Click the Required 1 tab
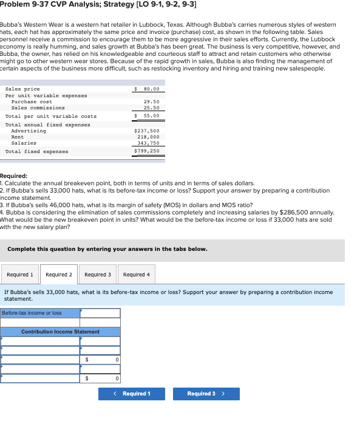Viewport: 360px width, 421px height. [x=20, y=275]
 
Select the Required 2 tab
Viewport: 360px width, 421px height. [x=59, y=275]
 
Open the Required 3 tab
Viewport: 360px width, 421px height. [x=98, y=275]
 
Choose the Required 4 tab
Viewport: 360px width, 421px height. [x=137, y=275]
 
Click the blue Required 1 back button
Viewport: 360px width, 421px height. [x=132, y=394]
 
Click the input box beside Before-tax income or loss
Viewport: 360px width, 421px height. [x=100, y=313]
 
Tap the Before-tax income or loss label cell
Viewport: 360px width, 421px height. [x=40, y=313]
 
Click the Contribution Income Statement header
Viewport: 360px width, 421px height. [x=61, y=332]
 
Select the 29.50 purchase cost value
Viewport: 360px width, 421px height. [x=151, y=101]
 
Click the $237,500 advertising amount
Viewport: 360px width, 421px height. [x=146, y=131]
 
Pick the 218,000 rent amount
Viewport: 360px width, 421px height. [x=148, y=137]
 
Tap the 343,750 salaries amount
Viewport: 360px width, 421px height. [x=148, y=143]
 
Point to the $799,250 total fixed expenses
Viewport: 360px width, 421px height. [x=146, y=151]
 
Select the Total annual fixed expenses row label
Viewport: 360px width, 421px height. [x=47, y=125]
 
